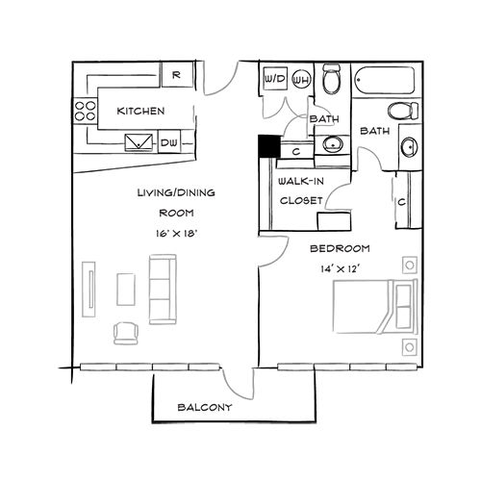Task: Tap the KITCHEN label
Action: coord(140,112)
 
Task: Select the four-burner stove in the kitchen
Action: coord(84,109)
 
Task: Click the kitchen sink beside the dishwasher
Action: coord(140,141)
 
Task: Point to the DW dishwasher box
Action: coord(169,142)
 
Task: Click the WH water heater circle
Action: coord(300,80)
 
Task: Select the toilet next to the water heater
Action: coord(332,79)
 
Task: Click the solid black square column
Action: coord(268,147)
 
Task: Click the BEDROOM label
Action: coord(335,248)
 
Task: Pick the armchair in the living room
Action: coord(126,332)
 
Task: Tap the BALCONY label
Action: coord(205,408)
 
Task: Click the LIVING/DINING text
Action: coord(175,192)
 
